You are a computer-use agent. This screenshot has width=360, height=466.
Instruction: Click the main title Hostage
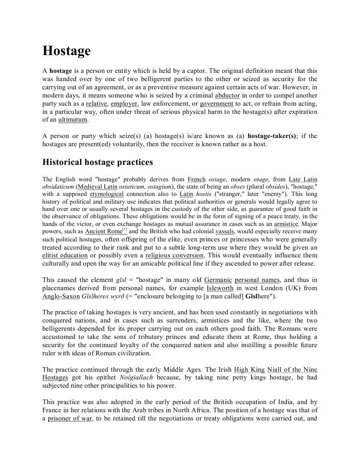[66, 51]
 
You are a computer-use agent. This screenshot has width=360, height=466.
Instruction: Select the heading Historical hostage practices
[97, 162]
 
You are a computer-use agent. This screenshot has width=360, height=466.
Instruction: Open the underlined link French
[197, 179]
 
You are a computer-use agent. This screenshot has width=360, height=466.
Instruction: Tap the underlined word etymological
[106, 194]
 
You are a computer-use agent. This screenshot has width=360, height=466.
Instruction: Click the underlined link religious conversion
[175, 255]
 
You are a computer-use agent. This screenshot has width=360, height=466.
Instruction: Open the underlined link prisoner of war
[70, 418]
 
